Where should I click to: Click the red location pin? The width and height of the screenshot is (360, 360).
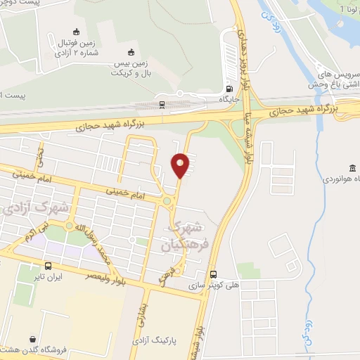pyautogui.click(x=180, y=166)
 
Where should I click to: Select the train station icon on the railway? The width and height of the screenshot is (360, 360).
pyautogui.click(x=162, y=105)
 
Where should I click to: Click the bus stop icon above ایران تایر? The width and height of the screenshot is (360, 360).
pyautogui.click(x=48, y=266)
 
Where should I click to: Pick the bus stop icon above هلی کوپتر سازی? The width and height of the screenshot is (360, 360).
pyautogui.click(x=214, y=275)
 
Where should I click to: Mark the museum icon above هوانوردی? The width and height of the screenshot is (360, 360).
pyautogui.click(x=351, y=167)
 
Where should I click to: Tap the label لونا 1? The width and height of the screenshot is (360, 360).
pyautogui.click(x=347, y=10)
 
